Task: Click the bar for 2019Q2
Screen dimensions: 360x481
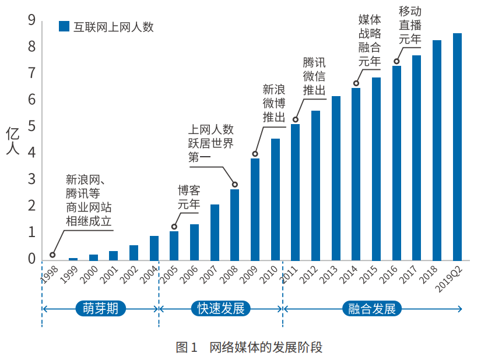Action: pyautogui.click(x=457, y=147)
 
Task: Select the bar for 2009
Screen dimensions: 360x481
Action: pyautogui.click(x=255, y=209)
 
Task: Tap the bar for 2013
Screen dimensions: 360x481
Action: pyautogui.click(x=336, y=178)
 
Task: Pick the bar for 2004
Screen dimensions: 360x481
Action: pyautogui.click(x=154, y=248)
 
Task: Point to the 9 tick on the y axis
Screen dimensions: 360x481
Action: pyautogui.click(x=31, y=20)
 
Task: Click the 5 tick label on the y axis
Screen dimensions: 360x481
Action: pyautogui.click(x=31, y=126)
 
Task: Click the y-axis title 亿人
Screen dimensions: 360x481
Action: pyautogui.click(x=13, y=142)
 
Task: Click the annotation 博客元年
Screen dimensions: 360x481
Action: pyautogui.click(x=189, y=197)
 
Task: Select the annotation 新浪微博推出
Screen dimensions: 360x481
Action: pyautogui.click(x=273, y=103)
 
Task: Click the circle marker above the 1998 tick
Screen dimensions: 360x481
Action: pyautogui.click(x=52, y=255)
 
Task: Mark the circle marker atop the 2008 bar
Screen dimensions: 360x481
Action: pyautogui.click(x=234, y=185)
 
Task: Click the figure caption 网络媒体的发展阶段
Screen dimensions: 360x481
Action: pyautogui.click(x=265, y=348)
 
